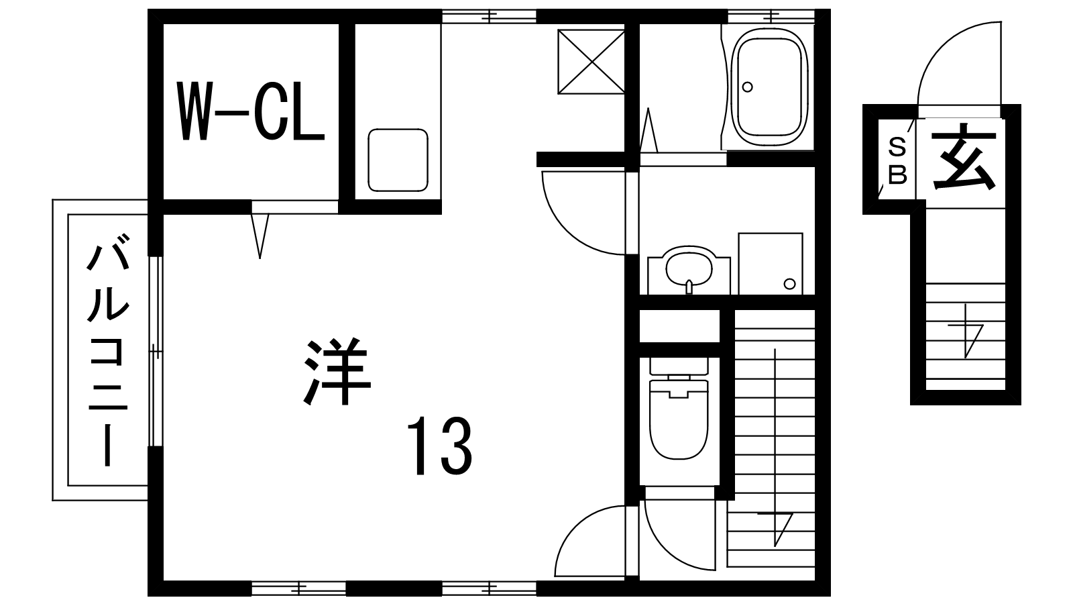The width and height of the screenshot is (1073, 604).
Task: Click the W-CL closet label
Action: [251, 111]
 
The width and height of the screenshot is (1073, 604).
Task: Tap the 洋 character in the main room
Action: [338, 372]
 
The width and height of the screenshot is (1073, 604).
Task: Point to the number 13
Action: [440, 446]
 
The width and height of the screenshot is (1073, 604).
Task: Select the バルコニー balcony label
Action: [108, 349]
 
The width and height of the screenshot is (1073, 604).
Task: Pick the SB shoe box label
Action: [897, 161]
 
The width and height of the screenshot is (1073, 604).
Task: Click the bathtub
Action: [769, 87]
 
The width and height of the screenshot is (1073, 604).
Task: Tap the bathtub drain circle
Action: [747, 87]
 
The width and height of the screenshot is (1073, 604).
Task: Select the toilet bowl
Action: [679, 419]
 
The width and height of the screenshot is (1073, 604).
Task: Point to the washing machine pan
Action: [771, 264]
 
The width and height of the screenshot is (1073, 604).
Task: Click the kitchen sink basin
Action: [398, 160]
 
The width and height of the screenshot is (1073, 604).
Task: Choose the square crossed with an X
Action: [591, 61]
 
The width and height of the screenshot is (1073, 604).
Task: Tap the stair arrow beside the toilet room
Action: [775, 448]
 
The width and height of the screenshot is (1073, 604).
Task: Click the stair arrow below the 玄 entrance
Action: [966, 331]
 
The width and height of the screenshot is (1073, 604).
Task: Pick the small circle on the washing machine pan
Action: [789, 284]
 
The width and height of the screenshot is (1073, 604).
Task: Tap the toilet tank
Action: [679, 366]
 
